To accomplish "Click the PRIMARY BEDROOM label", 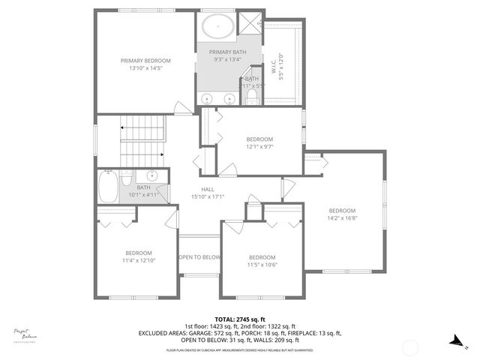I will tap(146, 60).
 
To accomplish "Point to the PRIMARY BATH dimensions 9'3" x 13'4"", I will tap(227, 59).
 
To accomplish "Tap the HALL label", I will tap(208, 189).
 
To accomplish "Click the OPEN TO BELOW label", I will tap(199, 257).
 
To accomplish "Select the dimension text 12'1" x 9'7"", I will tap(259, 147).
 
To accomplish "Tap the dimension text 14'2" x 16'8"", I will tap(341, 218).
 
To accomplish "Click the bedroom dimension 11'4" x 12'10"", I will tap(139, 260).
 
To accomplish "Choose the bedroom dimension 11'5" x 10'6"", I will tap(262, 264).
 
